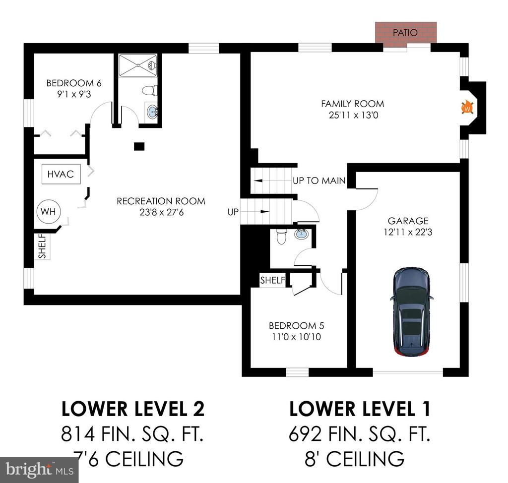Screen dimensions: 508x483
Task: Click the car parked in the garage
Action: [412, 312]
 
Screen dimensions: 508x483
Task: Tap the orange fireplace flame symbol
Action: [467, 108]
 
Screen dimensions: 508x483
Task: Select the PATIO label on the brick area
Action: [405, 32]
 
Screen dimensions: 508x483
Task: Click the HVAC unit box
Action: [61, 174]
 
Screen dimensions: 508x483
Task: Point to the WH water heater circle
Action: [48, 212]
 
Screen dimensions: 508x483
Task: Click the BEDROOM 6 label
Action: [74, 83]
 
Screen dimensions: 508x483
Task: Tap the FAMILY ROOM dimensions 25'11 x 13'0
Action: [353, 115]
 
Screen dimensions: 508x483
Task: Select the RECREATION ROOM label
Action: [161, 201]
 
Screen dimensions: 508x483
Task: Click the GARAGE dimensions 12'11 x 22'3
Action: [408, 232]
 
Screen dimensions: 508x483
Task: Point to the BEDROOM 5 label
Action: [297, 326]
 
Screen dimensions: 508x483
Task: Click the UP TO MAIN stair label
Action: [319, 181]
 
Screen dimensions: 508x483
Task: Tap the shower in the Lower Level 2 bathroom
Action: [138, 65]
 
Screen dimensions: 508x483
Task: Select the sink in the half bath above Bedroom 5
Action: [302, 234]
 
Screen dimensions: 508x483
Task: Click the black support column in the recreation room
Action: [139, 146]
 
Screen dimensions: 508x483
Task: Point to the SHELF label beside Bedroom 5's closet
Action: [273, 280]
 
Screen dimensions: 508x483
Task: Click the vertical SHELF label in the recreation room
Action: [43, 246]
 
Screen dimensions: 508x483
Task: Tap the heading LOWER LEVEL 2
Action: [133, 409]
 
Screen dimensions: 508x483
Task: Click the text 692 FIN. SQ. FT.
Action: [359, 434]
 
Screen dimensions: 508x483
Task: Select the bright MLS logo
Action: [39, 470]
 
